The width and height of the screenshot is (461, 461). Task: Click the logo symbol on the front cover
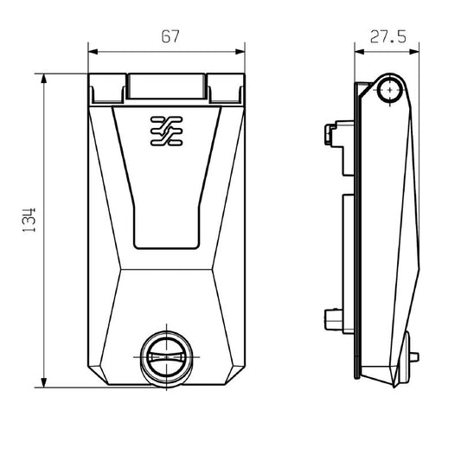click(164, 130)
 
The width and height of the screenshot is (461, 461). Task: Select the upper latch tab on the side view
click(329, 134)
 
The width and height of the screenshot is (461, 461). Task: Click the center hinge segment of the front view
click(165, 87)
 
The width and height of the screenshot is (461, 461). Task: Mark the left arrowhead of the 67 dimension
click(93, 51)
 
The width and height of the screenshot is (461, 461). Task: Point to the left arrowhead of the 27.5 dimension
click(357, 51)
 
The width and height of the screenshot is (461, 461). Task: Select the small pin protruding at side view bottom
click(418, 355)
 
